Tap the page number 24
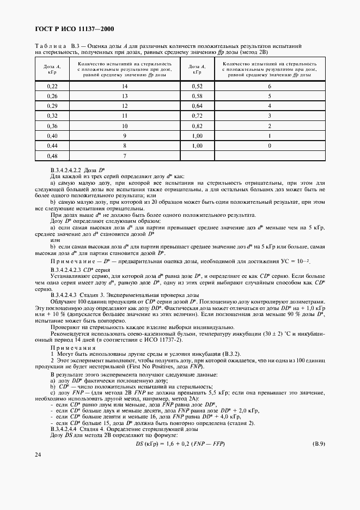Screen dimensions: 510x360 [38, 469]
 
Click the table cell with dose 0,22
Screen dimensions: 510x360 [52, 87]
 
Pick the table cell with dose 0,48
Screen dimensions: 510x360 [52, 156]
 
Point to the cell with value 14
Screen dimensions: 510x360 [125, 87]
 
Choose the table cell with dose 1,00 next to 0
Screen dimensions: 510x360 [197, 146]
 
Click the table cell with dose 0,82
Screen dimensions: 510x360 [197, 126]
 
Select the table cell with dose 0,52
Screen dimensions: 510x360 [197, 87]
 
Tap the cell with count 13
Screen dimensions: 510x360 [125, 96]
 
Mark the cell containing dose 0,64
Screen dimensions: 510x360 [197, 106]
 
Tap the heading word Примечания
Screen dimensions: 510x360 [68, 347]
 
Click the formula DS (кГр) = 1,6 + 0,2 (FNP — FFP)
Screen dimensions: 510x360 [180, 444]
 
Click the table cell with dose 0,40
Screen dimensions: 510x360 [52, 136]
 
